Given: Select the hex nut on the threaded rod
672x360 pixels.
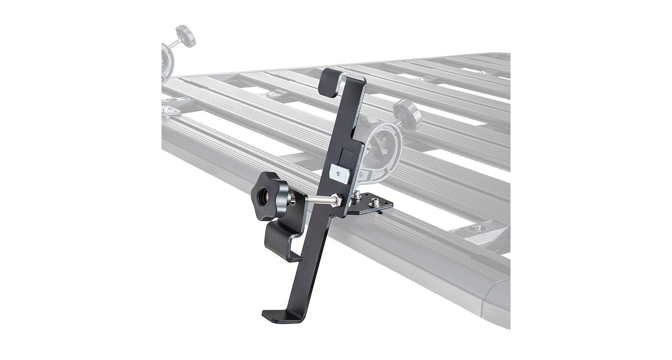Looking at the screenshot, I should pos(336,200).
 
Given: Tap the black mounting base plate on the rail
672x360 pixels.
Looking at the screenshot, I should pos(371,204).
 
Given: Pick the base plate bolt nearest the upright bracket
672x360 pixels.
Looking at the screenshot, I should pos(355,195).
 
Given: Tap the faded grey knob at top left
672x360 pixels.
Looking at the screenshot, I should pos(185,36).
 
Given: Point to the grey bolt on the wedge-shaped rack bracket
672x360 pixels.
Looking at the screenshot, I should pos(476,228).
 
